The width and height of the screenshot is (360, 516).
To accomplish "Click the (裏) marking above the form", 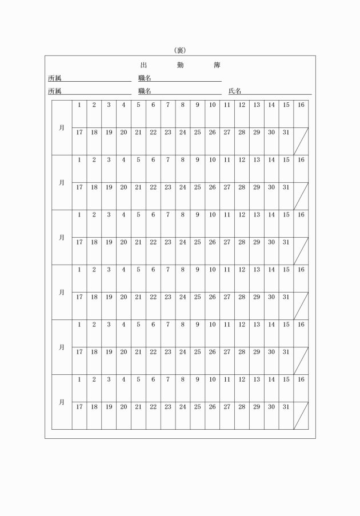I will [180, 50].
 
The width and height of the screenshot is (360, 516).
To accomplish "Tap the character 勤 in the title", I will [180, 65].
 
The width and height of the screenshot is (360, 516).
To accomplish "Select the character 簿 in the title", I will [217, 65].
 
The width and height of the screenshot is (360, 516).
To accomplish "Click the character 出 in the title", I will [143, 65].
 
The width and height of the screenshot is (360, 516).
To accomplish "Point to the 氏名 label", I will [235, 91].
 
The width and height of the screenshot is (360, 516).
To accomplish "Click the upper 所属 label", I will [54, 78].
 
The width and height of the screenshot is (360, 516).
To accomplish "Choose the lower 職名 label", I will [145, 91].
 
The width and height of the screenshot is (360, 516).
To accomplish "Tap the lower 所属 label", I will [54, 91].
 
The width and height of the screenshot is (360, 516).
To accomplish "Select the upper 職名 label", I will [145, 78].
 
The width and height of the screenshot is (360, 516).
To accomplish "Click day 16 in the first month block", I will [301, 105].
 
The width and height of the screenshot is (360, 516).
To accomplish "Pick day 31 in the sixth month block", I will [286, 407].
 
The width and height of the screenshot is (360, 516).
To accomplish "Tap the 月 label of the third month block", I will [62, 237].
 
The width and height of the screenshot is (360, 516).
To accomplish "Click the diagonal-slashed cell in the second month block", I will [301, 196].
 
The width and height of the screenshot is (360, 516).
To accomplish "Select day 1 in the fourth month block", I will [79, 270].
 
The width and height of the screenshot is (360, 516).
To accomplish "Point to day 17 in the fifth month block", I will [79, 352].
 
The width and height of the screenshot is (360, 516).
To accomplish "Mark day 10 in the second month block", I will [212, 160].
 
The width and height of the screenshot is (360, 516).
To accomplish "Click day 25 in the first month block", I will [197, 133].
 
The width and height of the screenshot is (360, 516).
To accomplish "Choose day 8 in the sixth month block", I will [182, 379].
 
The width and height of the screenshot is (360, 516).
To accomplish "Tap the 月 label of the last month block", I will [62, 402].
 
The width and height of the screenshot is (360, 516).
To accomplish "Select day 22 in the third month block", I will [153, 242].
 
